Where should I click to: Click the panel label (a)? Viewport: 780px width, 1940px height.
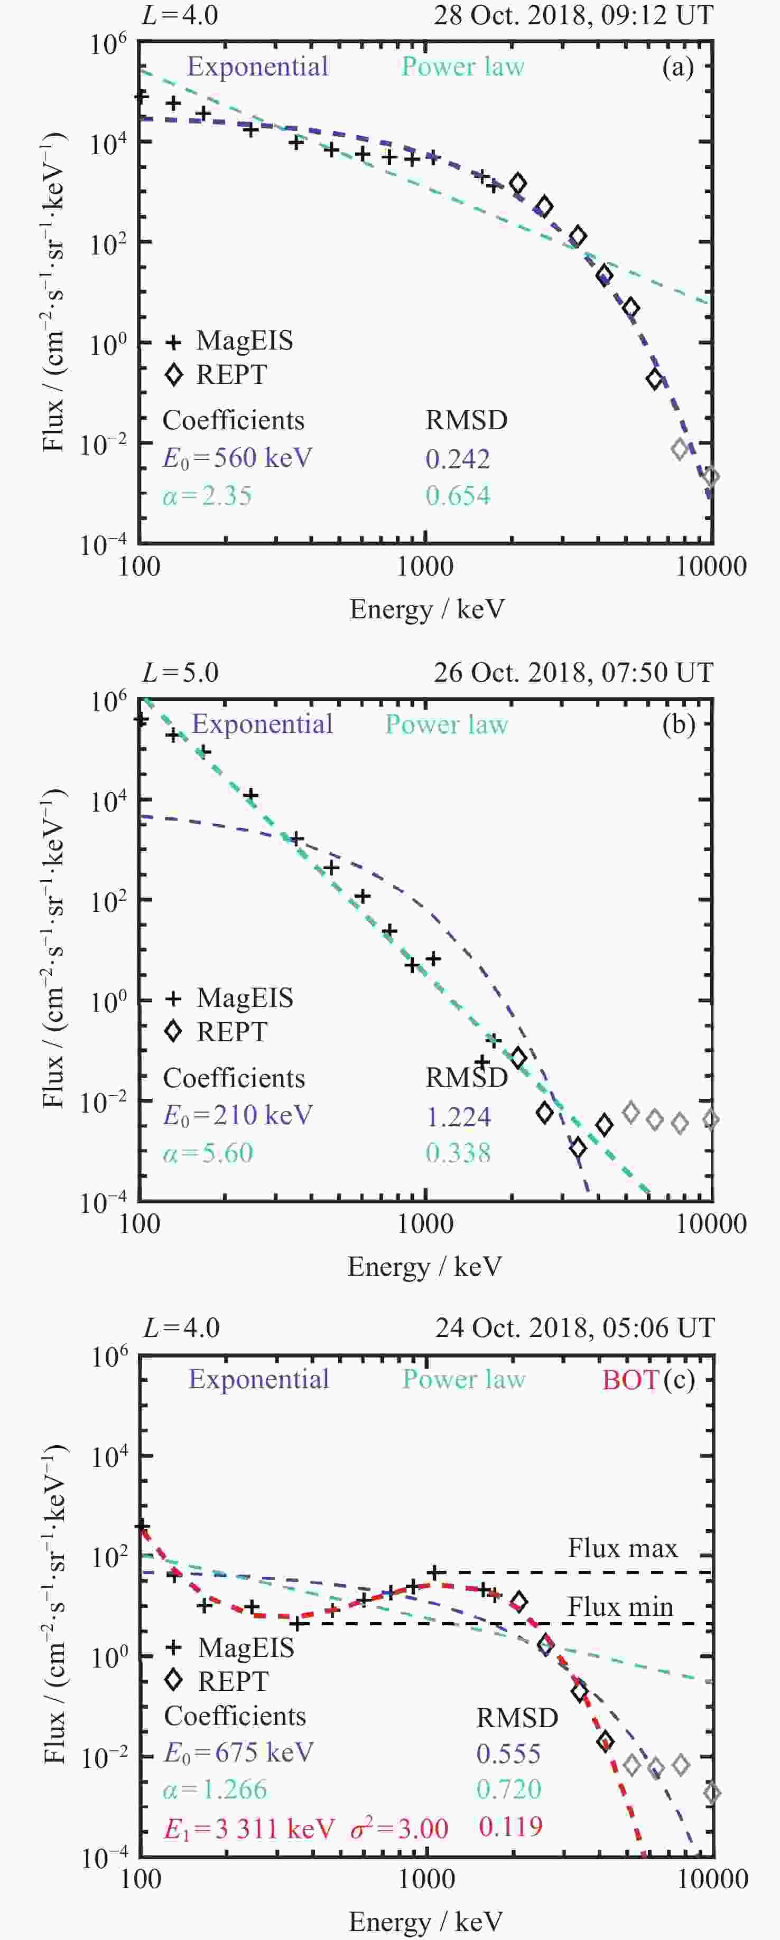[x=677, y=68]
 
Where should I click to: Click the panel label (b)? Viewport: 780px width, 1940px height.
[x=678, y=724]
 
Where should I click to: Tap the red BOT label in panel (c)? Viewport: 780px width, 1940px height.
[x=630, y=1380]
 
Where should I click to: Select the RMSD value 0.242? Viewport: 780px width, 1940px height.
[x=458, y=459]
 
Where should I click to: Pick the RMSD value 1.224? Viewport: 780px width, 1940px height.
[x=458, y=1116]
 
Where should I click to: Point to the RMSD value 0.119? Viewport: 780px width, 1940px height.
[x=510, y=1826]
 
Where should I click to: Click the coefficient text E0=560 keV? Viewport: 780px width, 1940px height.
[x=237, y=458]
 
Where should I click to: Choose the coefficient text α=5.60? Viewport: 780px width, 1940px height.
[x=208, y=1153]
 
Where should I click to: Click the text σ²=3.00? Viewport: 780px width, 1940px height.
[x=400, y=1828]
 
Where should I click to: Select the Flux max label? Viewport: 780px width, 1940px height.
[x=623, y=1548]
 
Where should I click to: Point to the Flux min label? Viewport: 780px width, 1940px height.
[x=620, y=1607]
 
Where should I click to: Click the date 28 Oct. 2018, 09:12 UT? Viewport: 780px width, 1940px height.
[x=573, y=15]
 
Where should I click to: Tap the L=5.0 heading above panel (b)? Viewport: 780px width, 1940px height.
[x=181, y=673]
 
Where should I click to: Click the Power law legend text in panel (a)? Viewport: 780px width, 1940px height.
[x=463, y=67]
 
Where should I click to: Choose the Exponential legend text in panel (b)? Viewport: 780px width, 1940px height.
[x=262, y=724]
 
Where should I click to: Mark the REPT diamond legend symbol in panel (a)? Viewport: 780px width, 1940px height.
[x=174, y=374]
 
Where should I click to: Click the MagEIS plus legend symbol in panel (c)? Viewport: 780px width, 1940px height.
[x=174, y=1648]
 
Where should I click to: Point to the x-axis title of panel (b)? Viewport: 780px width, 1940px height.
[x=424, y=1267]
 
